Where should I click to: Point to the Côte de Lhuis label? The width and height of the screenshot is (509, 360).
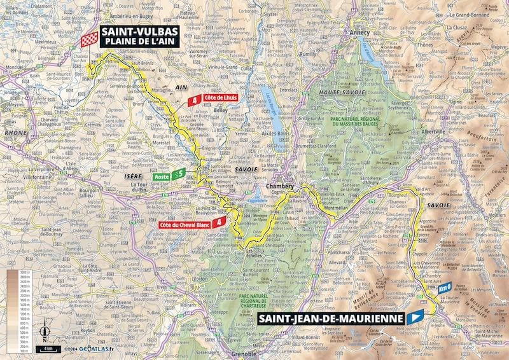220,99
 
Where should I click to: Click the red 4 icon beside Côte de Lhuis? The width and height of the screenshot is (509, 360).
195,99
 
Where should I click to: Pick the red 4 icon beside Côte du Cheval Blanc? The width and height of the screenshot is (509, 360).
219,223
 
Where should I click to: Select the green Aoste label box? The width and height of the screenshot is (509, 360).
162,173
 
